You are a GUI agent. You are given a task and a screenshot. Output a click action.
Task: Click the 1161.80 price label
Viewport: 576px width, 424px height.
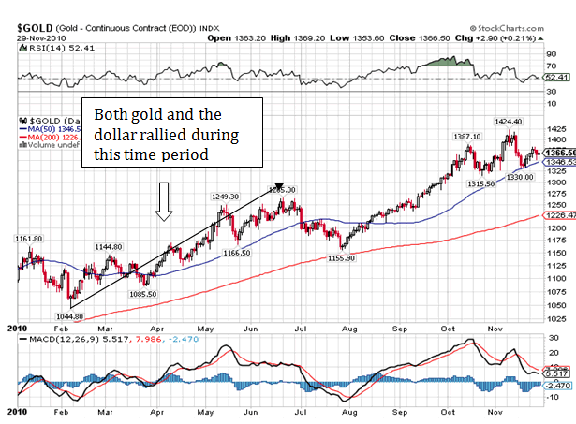pos(28,239)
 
